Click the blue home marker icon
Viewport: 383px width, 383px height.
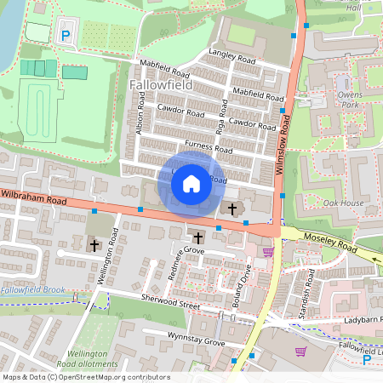(191, 183)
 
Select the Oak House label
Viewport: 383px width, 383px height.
(343, 203)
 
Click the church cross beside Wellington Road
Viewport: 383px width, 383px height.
(94, 245)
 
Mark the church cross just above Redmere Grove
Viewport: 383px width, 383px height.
(198, 237)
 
